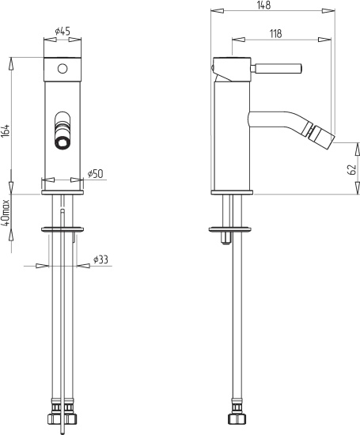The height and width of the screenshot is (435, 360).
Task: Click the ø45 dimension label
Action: point(63,31)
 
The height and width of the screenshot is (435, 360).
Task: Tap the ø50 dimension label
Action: point(95,174)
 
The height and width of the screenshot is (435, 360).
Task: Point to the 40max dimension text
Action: point(6,213)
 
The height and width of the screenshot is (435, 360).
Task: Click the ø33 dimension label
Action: point(100,259)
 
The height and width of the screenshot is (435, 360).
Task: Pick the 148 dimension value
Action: point(263,6)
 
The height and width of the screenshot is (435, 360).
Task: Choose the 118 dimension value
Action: point(275,33)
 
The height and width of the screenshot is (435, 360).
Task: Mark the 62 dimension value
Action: point(351,169)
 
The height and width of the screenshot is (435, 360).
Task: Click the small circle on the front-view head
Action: point(63,69)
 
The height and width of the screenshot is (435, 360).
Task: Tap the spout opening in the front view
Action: point(63,144)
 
